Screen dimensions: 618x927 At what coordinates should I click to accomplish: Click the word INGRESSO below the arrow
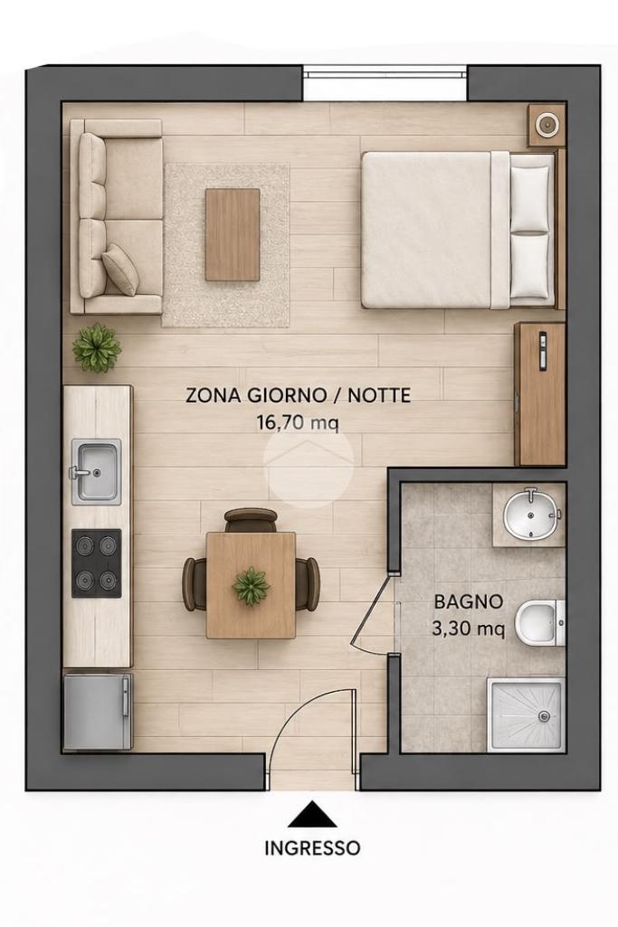(x=312, y=848)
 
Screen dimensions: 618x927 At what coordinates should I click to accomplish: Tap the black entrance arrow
(x=312, y=815)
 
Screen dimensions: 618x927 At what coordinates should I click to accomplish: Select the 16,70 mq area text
(x=298, y=422)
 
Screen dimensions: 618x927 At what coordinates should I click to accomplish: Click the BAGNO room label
(x=469, y=601)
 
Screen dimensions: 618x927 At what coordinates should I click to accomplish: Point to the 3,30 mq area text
(x=469, y=629)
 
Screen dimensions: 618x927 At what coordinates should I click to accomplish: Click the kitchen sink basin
(x=97, y=472)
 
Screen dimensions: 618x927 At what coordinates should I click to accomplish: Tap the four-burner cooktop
(x=97, y=563)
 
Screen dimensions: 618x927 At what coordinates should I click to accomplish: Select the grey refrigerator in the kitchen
(x=97, y=712)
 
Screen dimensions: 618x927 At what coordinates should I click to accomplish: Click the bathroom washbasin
(x=532, y=514)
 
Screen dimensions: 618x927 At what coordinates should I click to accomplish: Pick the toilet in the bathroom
(x=540, y=623)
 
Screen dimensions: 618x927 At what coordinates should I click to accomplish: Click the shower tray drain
(x=544, y=716)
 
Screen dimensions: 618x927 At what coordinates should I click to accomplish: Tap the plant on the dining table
(x=252, y=585)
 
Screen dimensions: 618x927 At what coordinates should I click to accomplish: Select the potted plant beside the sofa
(x=97, y=348)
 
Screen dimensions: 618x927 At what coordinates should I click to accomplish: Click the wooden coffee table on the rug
(x=233, y=235)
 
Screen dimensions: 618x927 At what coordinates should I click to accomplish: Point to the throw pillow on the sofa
(x=120, y=269)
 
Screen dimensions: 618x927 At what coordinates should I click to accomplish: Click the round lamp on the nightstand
(x=546, y=125)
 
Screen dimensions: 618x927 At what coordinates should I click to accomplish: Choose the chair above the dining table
(x=251, y=520)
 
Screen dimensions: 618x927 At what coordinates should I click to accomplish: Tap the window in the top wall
(x=385, y=73)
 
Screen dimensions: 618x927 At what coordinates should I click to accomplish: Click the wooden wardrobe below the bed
(x=540, y=393)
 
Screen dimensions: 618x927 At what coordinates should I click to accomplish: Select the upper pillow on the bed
(x=530, y=197)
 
